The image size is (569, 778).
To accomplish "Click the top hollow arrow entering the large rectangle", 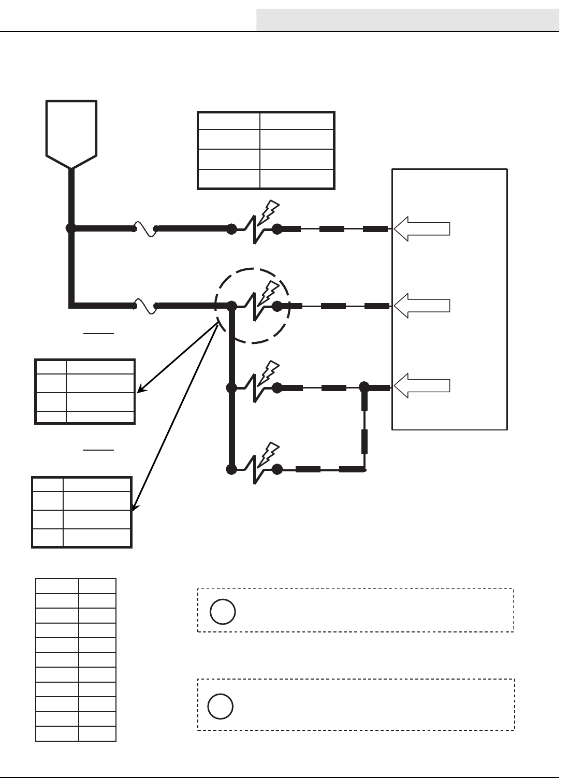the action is (421, 229).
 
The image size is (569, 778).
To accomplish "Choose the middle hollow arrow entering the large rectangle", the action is (421, 306).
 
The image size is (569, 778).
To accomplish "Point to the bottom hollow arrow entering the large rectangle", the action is (421, 385).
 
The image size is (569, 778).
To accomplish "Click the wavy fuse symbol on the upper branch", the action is (144, 228).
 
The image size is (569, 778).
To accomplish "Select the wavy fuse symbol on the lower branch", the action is (144, 306).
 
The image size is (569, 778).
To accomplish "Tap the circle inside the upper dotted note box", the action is (223, 612).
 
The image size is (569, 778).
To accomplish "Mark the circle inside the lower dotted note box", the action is (221, 706).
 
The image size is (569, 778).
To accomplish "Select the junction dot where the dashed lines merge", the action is (364, 387).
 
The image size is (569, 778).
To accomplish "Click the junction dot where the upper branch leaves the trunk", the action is (71, 228).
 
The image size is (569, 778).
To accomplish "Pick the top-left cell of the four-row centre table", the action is (229, 121).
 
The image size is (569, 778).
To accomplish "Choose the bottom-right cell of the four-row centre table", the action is (297, 179).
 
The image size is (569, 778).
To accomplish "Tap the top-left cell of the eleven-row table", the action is (57, 586).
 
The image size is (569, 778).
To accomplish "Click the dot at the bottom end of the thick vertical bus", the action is (231, 469).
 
